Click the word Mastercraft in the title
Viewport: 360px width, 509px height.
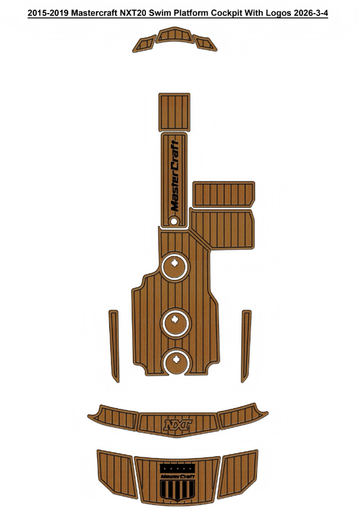pos(94,13)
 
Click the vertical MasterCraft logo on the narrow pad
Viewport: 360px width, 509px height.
pos(174,176)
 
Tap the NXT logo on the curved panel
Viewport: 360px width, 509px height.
pos(177,425)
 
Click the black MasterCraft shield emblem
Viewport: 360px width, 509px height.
pos(177,482)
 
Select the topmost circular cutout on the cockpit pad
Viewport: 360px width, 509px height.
pos(174,266)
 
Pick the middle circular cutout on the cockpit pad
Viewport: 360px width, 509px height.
pos(176,323)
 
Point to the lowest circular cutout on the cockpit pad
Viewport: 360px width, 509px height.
pos(176,362)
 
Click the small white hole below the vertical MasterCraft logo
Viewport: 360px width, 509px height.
pos(174,221)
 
